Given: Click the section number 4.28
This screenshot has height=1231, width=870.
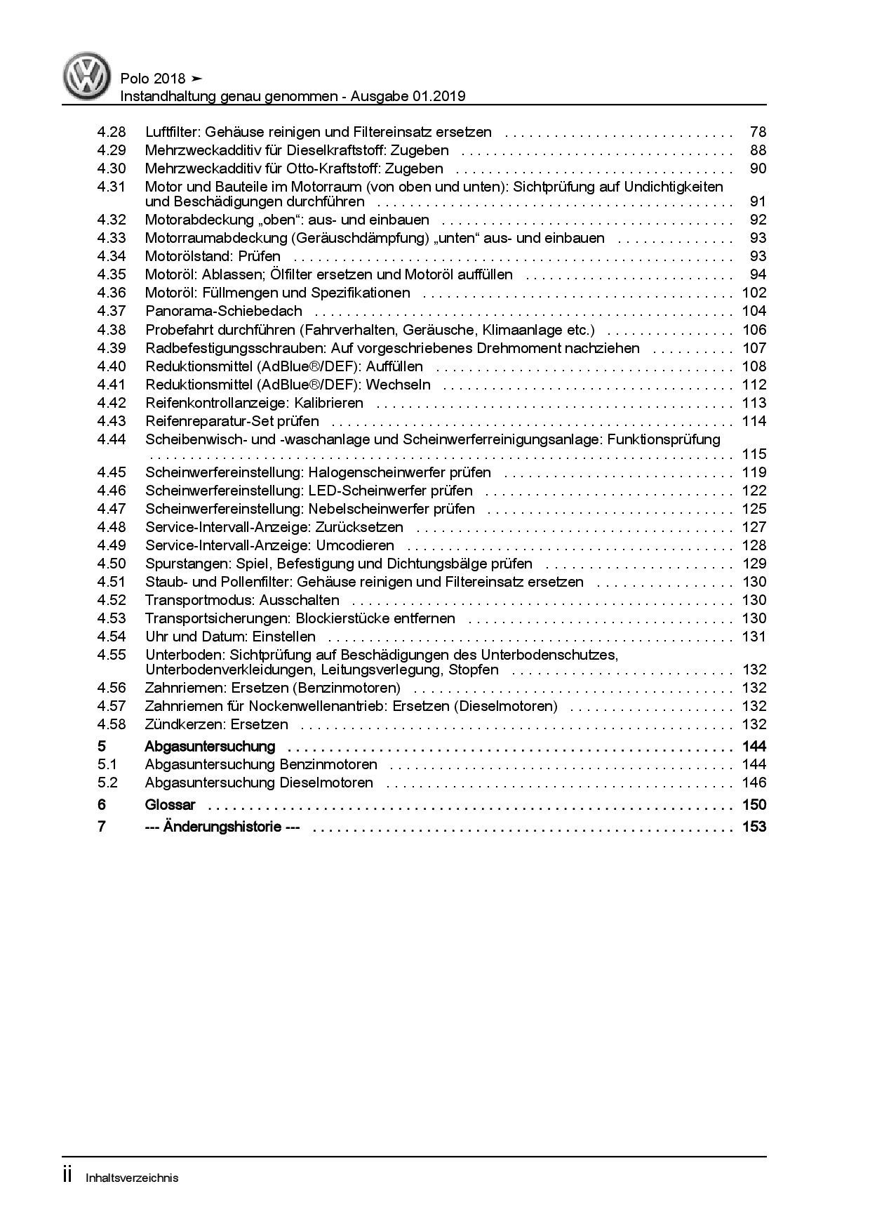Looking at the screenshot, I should tap(112, 132).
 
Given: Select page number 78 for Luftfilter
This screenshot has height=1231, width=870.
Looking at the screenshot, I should tap(758, 132).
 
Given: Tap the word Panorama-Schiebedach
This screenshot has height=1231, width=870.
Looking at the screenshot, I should tap(223, 311).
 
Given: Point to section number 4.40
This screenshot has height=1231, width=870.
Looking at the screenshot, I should tap(112, 366).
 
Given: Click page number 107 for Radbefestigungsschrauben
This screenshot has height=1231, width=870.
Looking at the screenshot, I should tap(754, 348).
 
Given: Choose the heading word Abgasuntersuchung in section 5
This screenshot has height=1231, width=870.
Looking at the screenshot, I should tap(210, 746).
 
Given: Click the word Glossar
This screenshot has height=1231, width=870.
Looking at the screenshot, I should tap(170, 805).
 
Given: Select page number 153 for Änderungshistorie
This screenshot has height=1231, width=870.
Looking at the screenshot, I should tap(754, 827).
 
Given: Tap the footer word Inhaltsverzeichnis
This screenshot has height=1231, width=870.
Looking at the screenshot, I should tap(132, 1178).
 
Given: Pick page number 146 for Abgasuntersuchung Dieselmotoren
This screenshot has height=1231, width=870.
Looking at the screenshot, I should tap(754, 783).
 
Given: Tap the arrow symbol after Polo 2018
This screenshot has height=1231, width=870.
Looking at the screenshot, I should tap(197, 79).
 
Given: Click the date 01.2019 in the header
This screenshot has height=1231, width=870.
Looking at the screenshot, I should tap(439, 96).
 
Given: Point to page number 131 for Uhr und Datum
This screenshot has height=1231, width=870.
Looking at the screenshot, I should tap(754, 637).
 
